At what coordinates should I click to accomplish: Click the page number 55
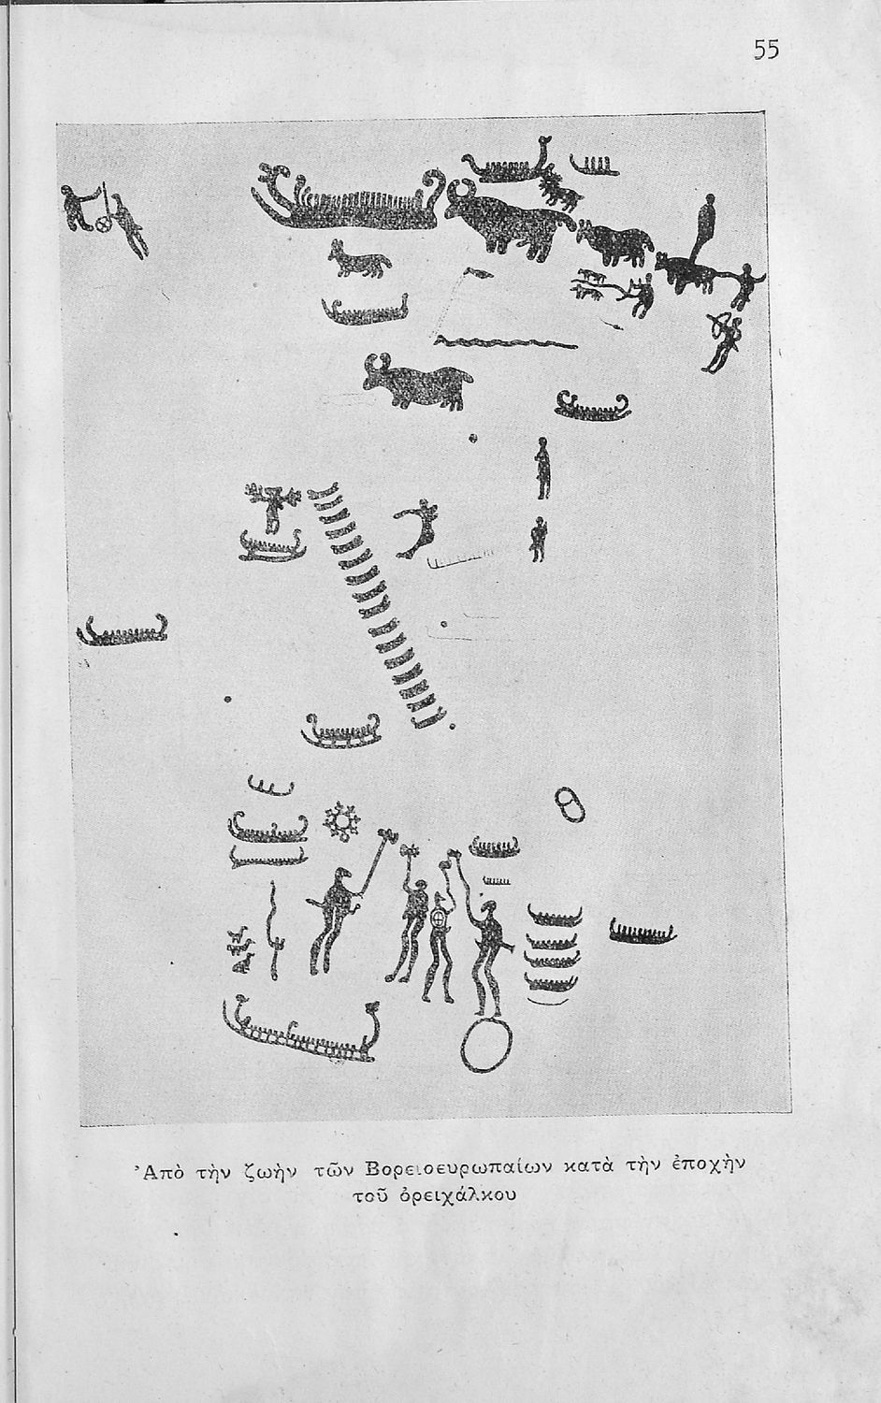coord(766,50)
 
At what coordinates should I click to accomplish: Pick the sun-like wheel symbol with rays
coord(342,821)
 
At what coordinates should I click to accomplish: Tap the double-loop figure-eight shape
coord(570,804)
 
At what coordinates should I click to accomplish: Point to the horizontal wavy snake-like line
coord(505,342)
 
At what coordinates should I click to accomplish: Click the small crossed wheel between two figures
coord(105,223)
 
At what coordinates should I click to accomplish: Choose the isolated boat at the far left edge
coord(123,632)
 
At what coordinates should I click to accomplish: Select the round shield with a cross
coord(439,919)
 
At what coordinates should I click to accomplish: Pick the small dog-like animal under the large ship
coord(359,259)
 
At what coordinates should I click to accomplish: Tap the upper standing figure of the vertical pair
coord(542,468)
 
